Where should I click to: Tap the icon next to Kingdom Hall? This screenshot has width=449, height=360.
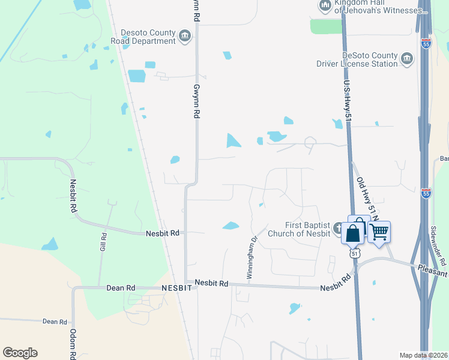coord(325,6)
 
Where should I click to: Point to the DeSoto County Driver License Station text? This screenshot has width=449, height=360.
coord(357,59)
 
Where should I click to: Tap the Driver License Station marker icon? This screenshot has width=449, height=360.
coord(408,58)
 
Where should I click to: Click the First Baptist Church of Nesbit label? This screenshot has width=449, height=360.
coord(299,229)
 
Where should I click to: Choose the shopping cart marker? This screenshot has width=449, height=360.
coord(379,232)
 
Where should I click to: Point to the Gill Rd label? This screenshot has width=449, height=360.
coord(102,241)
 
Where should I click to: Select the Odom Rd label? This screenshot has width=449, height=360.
coord(73,343)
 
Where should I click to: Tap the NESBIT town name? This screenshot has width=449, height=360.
coord(176,288)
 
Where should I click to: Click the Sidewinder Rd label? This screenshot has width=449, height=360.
coord(438,247)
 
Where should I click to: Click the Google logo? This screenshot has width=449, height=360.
coord(20,353)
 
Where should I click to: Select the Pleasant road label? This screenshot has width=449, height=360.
coord(432,273)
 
